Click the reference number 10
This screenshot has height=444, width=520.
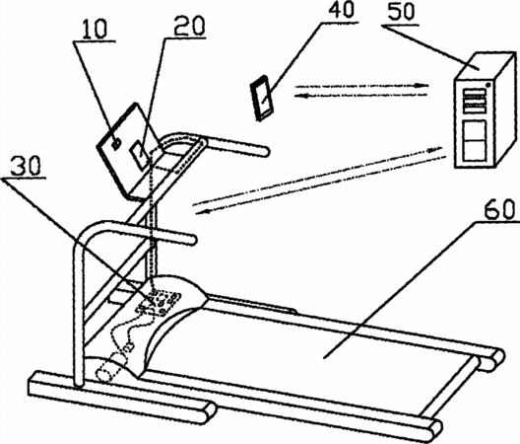click(95, 29)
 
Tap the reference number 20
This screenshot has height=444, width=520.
click(190, 26)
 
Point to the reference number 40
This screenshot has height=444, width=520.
click(341, 9)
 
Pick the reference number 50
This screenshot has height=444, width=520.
click(401, 12)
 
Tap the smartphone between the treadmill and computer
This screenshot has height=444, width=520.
click(262, 98)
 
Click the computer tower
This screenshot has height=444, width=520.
click(486, 110)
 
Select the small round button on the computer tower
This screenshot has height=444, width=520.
click(488, 85)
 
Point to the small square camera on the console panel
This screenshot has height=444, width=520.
click(116, 144)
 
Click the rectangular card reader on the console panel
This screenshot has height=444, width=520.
click(140, 154)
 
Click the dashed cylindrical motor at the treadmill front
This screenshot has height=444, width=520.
click(112, 368)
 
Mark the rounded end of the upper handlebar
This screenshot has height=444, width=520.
click(265, 152)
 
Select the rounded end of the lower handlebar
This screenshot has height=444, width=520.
click(191, 240)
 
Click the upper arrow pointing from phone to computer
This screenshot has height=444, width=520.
click(361, 86)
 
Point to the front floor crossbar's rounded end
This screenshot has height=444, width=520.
click(209, 412)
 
